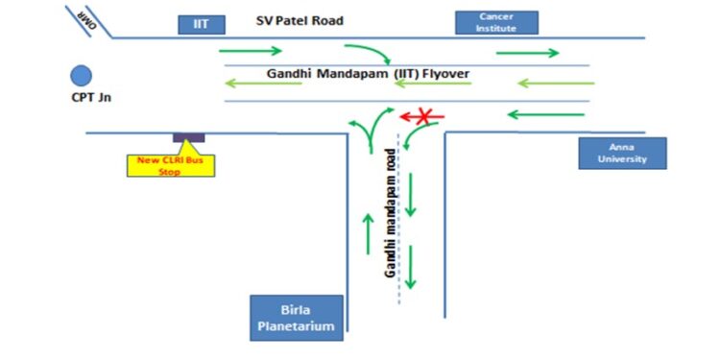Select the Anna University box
tap(621, 153)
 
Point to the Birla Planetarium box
tap(296, 319)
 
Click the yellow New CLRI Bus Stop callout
tap(172, 164)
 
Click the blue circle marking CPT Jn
tap(81, 75)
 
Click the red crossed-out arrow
tap(423, 117)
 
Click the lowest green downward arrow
tap(411, 267)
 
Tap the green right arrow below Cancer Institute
tap(527, 53)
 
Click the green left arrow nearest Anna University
tap(544, 115)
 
